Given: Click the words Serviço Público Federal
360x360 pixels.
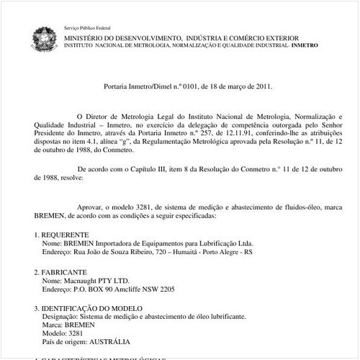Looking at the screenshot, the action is (x=83, y=26).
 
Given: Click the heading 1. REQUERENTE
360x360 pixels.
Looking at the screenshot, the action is (x=63, y=235).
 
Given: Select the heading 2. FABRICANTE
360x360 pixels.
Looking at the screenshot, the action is (x=63, y=273).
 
